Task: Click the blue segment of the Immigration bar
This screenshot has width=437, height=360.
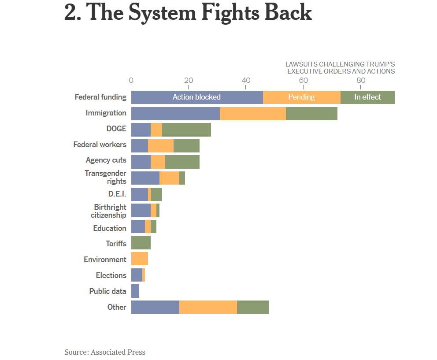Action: [175, 113]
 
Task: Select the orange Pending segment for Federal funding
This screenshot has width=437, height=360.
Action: [302, 97]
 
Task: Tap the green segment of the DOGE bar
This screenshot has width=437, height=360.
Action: [186, 130]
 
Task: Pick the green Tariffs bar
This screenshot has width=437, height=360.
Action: [141, 243]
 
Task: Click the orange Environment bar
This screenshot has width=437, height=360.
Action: [139, 259]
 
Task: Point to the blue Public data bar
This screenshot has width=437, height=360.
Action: [135, 291]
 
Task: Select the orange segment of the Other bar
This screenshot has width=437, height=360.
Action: [208, 307]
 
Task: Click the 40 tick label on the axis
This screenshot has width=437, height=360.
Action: [246, 80]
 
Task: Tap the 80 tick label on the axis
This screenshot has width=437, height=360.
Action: [361, 80]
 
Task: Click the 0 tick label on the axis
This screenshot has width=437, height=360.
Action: [131, 80]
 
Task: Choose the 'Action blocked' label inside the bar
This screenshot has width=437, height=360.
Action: [196, 97]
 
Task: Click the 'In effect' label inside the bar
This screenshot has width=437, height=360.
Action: [367, 97]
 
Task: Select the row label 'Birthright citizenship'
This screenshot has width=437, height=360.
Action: [109, 211]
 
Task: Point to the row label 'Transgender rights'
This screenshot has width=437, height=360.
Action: [106, 177]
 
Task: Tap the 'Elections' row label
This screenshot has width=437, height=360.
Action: [111, 275]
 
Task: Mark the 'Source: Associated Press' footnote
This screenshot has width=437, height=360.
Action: [105, 352]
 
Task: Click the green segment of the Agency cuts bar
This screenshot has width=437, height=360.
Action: [182, 162]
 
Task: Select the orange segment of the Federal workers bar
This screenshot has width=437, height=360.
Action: [161, 146]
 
